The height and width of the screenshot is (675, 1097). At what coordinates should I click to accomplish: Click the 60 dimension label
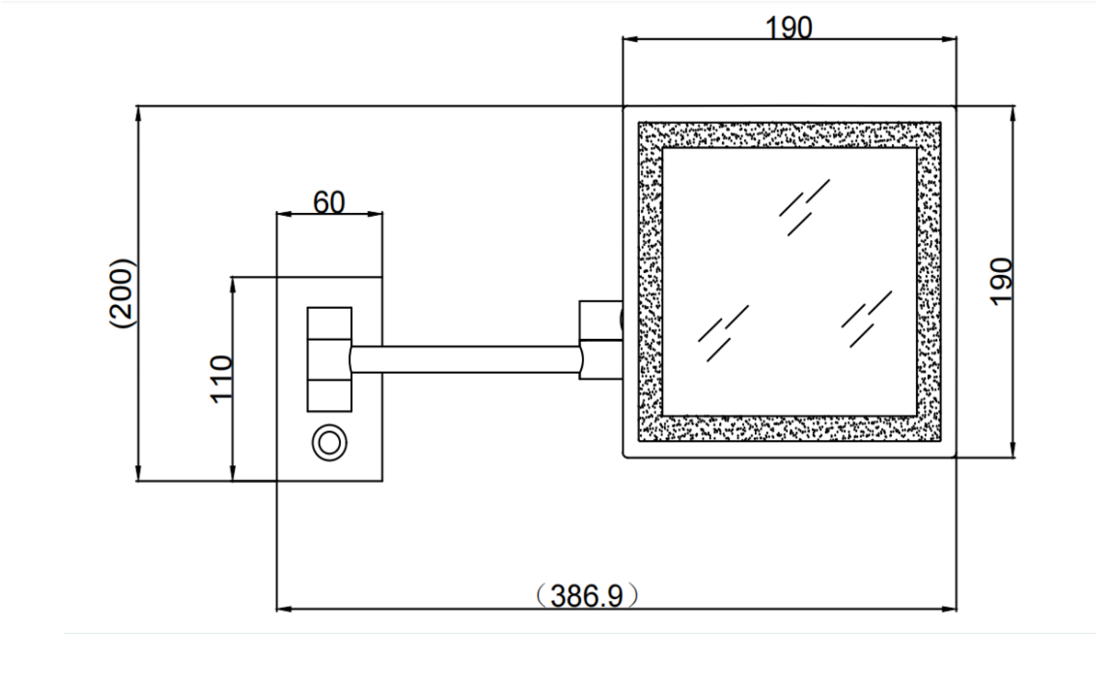point(328,202)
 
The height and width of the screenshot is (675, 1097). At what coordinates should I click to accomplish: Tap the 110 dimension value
point(221,379)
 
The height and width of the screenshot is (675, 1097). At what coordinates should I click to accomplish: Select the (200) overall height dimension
point(122,293)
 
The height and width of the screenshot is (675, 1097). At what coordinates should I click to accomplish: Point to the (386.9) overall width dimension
point(586,595)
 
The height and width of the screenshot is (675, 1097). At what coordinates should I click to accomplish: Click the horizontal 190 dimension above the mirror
point(788,27)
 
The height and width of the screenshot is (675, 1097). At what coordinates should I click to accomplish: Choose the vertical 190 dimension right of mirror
point(1001,282)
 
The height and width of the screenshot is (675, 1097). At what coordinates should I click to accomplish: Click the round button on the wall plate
point(330,443)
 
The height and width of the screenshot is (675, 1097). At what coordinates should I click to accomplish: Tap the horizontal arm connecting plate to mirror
point(465,359)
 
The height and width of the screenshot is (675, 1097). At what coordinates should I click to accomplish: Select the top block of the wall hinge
point(329,323)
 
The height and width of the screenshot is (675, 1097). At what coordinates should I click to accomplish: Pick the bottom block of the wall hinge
point(329,396)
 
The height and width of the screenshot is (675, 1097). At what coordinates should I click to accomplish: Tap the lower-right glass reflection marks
point(866,318)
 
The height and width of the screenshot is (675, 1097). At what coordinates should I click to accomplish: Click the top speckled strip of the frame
point(789,135)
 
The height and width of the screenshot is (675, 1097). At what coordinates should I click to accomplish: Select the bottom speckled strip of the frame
point(789,428)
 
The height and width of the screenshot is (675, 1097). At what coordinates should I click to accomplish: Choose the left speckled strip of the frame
point(651,282)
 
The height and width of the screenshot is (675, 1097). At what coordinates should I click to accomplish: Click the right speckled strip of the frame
point(929,282)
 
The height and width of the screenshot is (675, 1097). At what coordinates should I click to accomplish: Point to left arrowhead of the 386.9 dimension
point(283,609)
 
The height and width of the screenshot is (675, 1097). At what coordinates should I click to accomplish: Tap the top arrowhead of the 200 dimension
point(138,113)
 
